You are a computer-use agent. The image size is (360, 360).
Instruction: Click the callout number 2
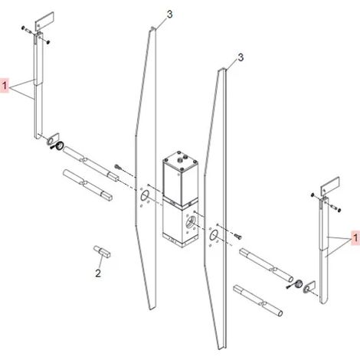coord(98,273)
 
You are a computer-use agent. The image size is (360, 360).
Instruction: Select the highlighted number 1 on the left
coord(5,85)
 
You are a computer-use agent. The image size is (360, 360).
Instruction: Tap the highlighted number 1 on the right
coord(355,237)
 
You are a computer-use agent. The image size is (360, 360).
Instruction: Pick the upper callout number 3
coord(170,15)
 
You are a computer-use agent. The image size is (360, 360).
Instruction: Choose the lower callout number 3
coord(241,57)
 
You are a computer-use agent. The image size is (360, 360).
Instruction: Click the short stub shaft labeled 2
coord(102,251)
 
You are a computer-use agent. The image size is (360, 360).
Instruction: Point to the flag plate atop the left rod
coord(44,20)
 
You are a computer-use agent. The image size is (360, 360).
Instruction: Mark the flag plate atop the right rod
coord(330,185)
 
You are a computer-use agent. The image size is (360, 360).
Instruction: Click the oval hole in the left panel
coord(144,196)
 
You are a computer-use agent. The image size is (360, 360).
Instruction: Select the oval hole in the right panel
coord(214,235)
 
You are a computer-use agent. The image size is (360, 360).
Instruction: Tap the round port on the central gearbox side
coord(190,221)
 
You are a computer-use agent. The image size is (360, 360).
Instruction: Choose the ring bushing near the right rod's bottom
coord(298,283)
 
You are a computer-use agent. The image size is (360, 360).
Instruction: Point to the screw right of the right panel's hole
coord(237,237)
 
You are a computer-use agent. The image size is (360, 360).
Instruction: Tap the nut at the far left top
coord(23,28)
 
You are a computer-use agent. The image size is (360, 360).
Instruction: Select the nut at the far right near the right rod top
coord(339,210)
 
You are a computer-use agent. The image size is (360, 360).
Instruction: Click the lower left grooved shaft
coord(87,185)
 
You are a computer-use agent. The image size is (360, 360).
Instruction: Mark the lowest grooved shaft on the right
coord(258,300)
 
